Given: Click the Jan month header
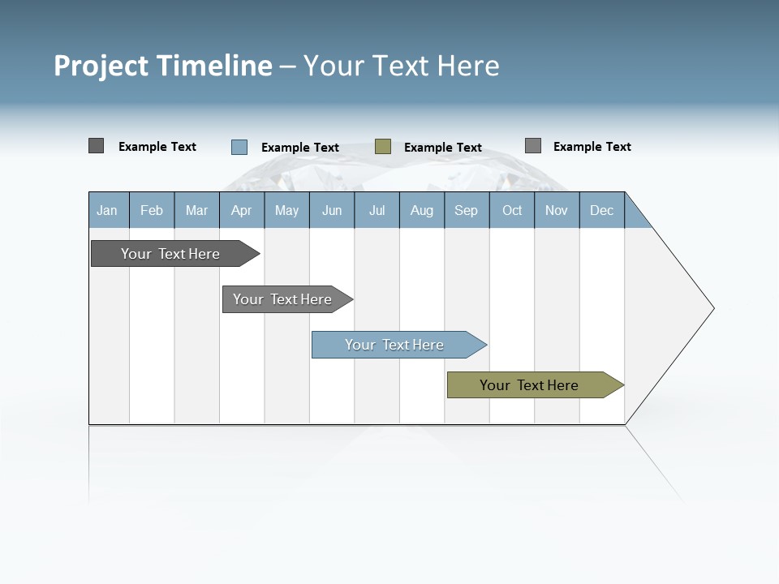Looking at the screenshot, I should click(x=108, y=210).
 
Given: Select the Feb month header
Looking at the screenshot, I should click(x=152, y=210).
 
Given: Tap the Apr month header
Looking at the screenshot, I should click(x=242, y=210).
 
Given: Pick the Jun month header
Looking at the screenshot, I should click(x=332, y=210).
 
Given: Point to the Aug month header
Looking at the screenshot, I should click(x=422, y=210).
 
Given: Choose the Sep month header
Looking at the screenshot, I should click(x=467, y=210).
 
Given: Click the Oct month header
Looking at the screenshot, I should click(x=512, y=210).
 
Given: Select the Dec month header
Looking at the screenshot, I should click(x=602, y=210).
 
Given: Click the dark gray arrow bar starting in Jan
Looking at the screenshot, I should click(x=171, y=254).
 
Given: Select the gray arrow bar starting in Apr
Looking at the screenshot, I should click(x=283, y=299).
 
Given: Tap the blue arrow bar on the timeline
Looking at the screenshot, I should click(x=395, y=345).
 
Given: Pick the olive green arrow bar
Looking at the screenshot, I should click(x=530, y=385).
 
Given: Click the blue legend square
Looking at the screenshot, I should click(x=239, y=147).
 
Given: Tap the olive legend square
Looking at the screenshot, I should click(x=383, y=147).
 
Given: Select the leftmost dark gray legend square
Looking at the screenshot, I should click(x=97, y=146).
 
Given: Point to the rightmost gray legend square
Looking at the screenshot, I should click(x=533, y=146).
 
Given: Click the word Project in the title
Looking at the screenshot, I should click(x=100, y=66).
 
